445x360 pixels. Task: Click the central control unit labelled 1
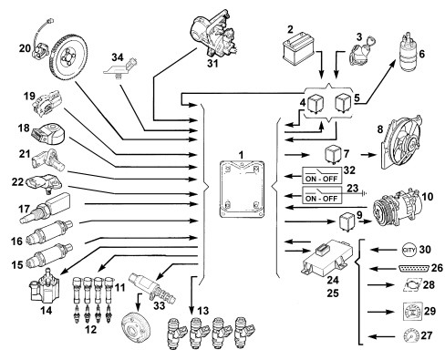242,190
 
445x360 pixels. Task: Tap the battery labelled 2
298,47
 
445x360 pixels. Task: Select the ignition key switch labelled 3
359,52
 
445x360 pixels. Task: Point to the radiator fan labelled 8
402,143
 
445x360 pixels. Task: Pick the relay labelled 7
333,155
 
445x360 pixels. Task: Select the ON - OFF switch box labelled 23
322,195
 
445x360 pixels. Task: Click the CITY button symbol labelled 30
409,250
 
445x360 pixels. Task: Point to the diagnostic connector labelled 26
414,269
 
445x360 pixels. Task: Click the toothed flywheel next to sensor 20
68,57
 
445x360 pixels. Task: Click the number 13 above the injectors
202,311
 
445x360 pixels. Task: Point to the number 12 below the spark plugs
90,329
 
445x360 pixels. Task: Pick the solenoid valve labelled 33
152,287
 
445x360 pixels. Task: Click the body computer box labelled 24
326,257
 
